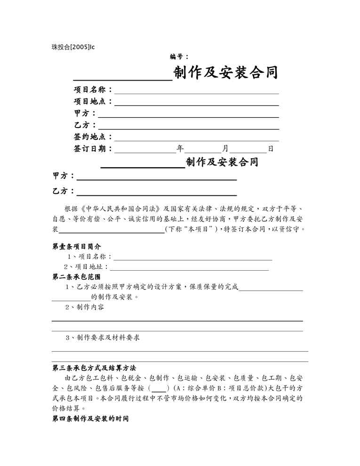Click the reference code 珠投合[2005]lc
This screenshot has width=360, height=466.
point(73,47)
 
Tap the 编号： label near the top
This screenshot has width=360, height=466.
point(179,56)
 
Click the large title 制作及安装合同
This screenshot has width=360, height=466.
point(225,72)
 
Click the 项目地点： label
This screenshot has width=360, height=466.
point(93,101)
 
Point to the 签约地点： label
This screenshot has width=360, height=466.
point(93,137)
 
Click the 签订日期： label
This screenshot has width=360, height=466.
point(93,149)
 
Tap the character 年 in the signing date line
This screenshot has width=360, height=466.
point(180,149)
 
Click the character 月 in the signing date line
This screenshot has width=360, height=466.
point(225,149)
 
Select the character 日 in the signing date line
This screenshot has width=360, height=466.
point(271,149)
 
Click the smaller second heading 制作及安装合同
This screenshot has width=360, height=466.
point(222,162)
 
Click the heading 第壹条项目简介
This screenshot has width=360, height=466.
point(76,246)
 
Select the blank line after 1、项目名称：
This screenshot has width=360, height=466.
point(193,258)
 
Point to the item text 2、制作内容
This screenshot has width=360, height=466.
point(85,307)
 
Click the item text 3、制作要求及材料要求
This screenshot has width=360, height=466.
point(102,337)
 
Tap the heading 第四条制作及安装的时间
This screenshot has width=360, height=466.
point(90,418)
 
